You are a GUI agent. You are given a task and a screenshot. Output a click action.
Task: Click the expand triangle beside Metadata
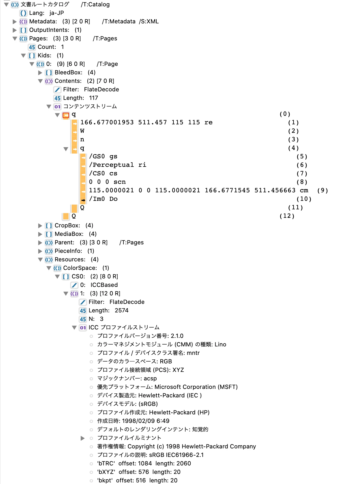click(15, 22)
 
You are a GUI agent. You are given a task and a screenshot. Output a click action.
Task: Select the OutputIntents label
click(49, 30)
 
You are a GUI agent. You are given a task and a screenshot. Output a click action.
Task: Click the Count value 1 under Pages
click(62, 47)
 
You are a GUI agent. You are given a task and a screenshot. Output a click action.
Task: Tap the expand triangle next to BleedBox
click(40, 73)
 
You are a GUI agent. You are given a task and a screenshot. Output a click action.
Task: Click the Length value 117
click(93, 98)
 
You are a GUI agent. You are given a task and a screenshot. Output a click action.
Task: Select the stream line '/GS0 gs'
click(103, 156)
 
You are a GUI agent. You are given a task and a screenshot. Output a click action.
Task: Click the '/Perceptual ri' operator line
click(117, 165)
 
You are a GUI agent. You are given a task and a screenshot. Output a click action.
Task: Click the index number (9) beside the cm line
click(323, 190)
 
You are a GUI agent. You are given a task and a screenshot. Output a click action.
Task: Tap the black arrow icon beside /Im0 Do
click(83, 200)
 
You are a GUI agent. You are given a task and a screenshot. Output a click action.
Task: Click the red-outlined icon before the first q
click(66, 115)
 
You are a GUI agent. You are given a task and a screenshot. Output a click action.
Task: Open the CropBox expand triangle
click(40, 226)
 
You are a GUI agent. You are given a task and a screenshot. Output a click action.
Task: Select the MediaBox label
click(69, 234)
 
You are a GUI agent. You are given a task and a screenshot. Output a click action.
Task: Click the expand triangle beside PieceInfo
click(40, 251)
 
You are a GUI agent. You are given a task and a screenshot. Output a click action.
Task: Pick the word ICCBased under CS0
click(104, 285)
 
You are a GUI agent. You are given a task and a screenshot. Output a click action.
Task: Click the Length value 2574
click(121, 311)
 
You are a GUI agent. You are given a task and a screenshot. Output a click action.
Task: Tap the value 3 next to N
click(101, 319)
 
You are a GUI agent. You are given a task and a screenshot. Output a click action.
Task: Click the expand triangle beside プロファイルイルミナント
click(83, 438)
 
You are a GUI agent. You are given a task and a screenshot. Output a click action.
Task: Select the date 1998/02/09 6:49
click(145, 421)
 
